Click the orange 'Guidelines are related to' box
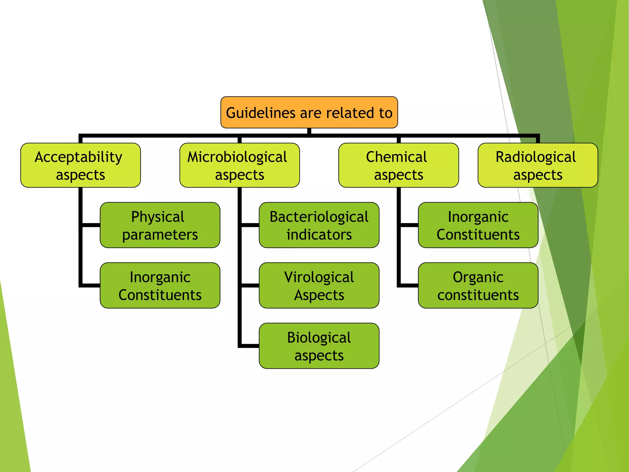(309, 112)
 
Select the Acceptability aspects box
(80, 165)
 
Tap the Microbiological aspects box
(240, 165)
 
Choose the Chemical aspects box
(398, 165)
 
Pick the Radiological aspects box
(537, 165)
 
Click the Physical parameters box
(160, 225)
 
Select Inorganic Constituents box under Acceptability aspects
(160, 285)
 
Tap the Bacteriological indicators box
(319, 225)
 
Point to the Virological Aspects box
(319, 285)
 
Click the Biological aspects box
(319, 346)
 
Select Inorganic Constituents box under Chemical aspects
(478, 225)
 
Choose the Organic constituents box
(478, 285)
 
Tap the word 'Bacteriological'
(319, 217)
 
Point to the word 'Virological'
(319, 277)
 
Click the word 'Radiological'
(536, 157)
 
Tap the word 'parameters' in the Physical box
(160, 235)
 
